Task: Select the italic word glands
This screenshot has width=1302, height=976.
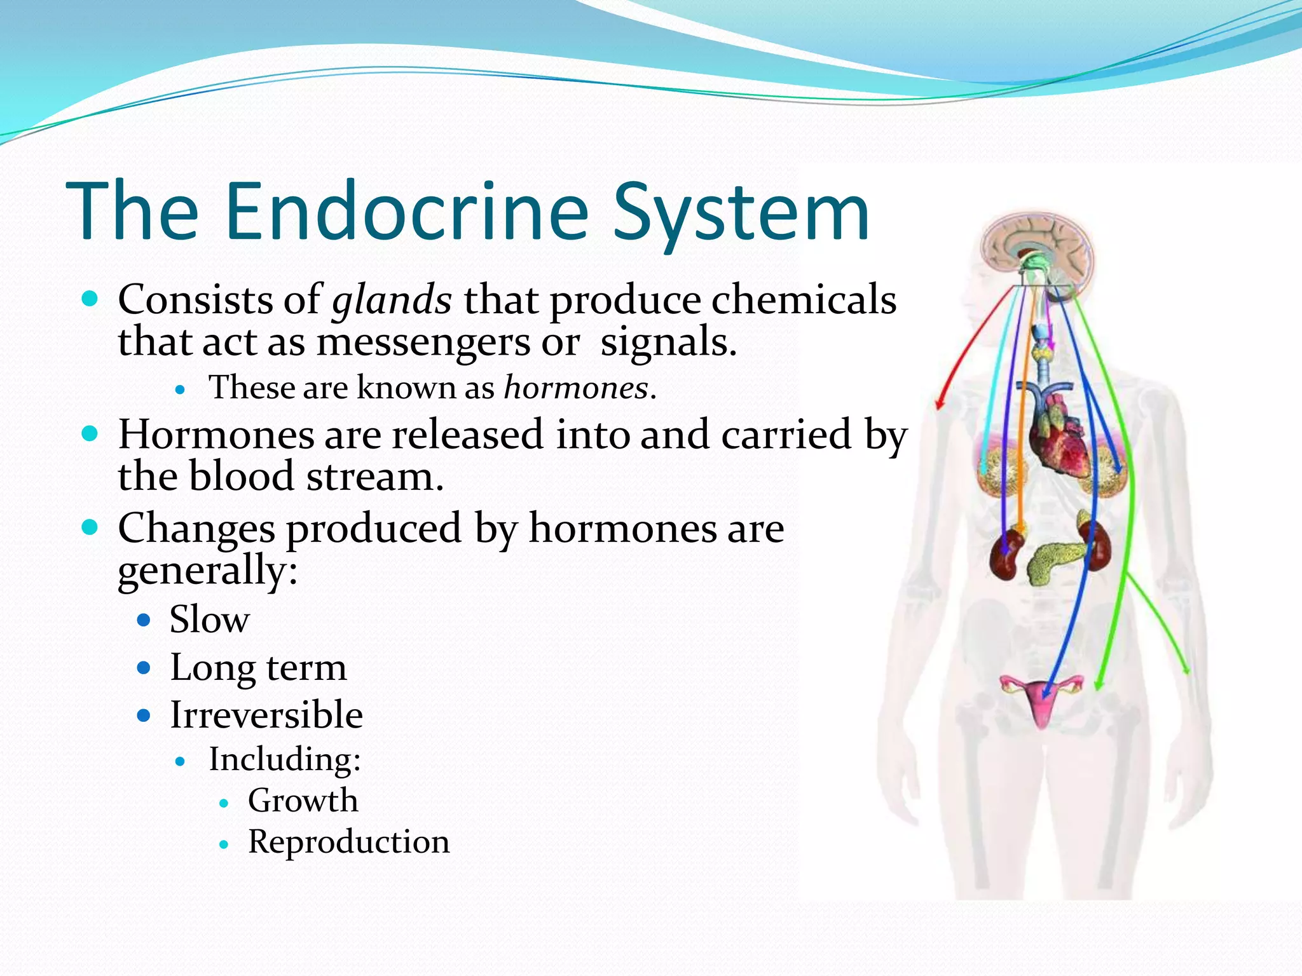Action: pos(392,300)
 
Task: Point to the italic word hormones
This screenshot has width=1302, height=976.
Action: pos(576,387)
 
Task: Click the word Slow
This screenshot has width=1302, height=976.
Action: pos(209,620)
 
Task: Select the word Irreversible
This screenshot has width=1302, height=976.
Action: pos(266,715)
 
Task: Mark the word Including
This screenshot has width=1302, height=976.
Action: pos(285,759)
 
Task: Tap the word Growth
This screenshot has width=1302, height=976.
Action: pos(303,801)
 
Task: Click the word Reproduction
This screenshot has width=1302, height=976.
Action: pos(348,842)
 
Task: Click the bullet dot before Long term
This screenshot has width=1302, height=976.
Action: pos(144,668)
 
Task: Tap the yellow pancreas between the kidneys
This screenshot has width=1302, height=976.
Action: pos(1055,559)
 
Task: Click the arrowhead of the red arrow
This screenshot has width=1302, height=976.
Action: pos(939,404)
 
